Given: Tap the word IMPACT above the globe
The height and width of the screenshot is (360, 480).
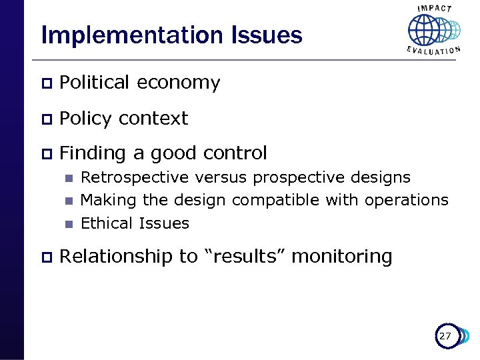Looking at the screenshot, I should point(434,8).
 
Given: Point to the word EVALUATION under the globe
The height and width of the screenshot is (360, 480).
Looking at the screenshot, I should point(433,51).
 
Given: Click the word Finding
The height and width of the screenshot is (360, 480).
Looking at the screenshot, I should point(93,153).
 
